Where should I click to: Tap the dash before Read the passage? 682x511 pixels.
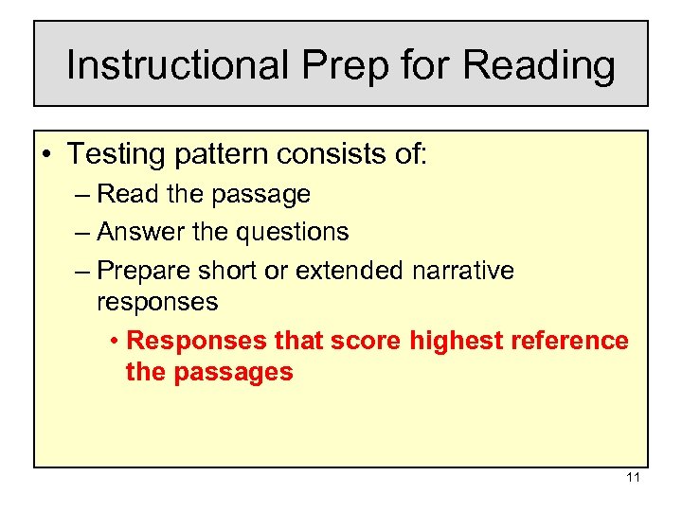pyautogui.click(x=81, y=195)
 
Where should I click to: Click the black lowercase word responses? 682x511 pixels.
pyautogui.click(x=157, y=303)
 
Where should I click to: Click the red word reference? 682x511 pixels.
pyautogui.click(x=568, y=341)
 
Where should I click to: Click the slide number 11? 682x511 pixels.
pyautogui.click(x=634, y=478)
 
